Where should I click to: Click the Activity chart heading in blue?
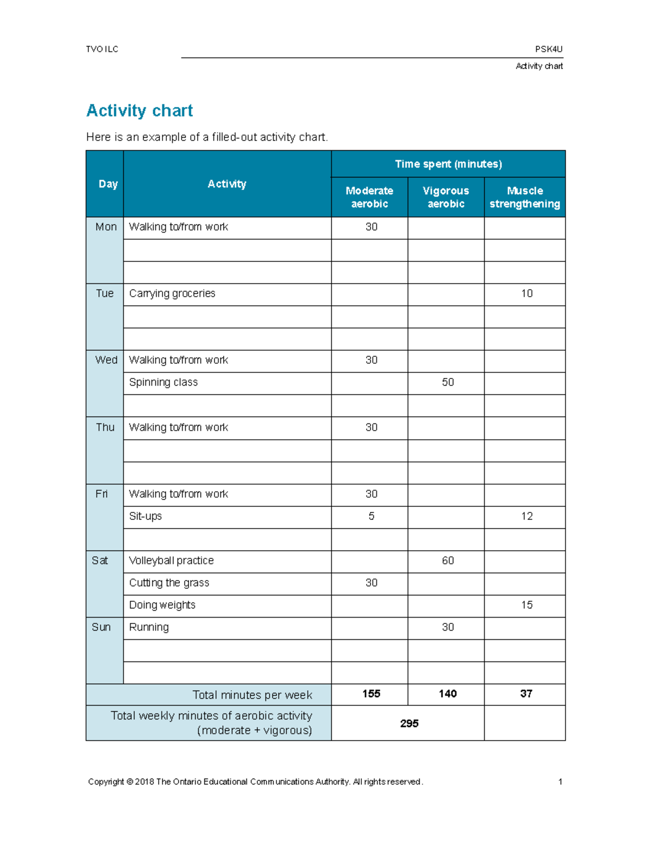[139, 111]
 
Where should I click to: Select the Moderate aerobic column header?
[369, 197]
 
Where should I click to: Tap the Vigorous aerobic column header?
[446, 197]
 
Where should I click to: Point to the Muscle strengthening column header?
[524, 197]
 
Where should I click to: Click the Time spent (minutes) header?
[448, 164]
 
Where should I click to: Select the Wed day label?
[106, 360]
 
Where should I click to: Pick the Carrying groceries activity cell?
[172, 293]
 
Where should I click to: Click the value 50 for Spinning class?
[447, 382]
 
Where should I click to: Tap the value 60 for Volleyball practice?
[447, 561]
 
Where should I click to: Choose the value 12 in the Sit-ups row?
[526, 516]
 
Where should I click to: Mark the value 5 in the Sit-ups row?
[371, 516]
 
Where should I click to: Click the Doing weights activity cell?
[162, 605]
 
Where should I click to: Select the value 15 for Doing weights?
[526, 605]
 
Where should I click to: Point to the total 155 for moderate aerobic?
[371, 694]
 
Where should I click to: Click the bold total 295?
[409, 723]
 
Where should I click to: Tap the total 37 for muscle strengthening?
[526, 694]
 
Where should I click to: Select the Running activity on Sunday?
[149, 627]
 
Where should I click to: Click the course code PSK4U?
[549, 49]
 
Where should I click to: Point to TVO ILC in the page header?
[102, 49]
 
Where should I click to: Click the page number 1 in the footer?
[560, 781]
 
